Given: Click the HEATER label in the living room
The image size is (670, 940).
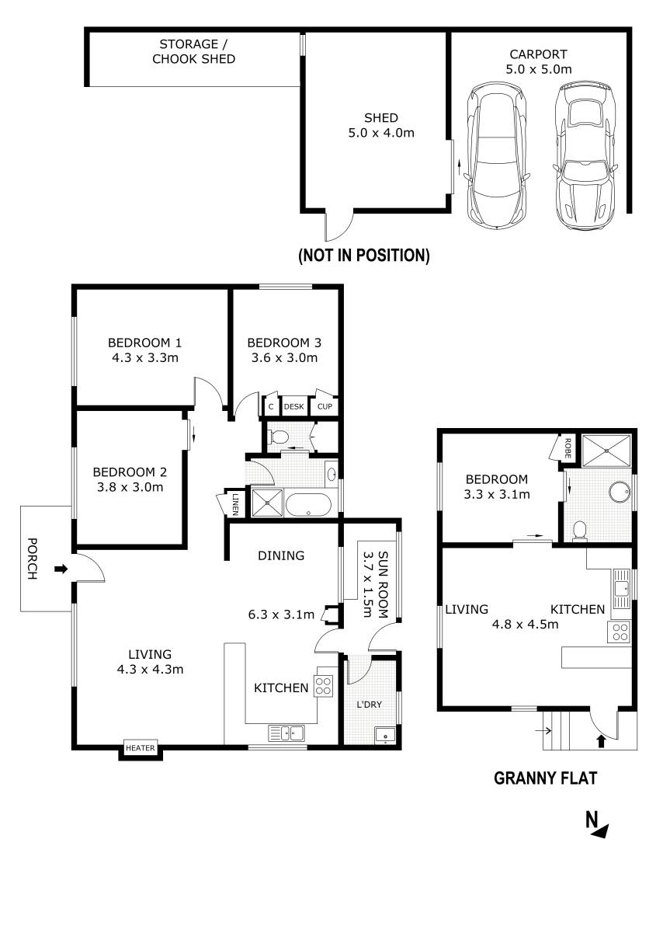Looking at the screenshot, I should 141,748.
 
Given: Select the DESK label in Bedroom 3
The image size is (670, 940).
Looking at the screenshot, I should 294,406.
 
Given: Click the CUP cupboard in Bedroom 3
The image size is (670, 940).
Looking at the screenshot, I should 325,406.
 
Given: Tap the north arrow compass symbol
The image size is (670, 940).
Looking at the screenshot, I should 596,824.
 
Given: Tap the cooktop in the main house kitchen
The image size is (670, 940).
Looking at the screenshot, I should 324,685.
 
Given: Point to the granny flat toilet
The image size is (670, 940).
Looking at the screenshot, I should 579,530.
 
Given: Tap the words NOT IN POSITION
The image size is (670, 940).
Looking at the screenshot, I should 363,255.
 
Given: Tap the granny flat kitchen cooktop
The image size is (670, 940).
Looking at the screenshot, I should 620,632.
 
